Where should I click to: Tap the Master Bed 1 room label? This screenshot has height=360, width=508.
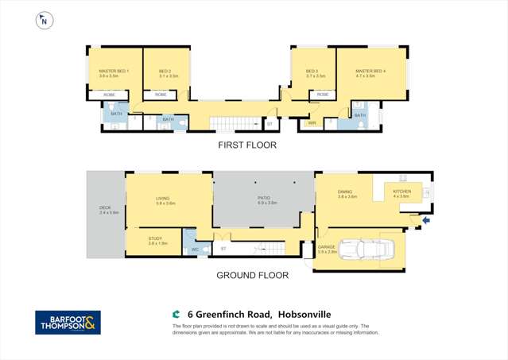click(x=114, y=72)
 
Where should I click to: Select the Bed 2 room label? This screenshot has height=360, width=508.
click(x=165, y=72)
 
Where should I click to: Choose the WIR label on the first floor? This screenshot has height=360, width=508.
click(x=312, y=123)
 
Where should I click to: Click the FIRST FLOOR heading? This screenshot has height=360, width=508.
click(x=247, y=145)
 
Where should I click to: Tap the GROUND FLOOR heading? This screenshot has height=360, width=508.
click(x=246, y=276)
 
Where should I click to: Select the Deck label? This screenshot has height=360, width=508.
click(x=104, y=210)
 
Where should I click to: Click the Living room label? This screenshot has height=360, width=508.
click(x=165, y=200)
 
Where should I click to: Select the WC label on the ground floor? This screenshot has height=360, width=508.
click(x=194, y=250)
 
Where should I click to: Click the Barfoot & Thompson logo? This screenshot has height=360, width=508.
click(x=68, y=322)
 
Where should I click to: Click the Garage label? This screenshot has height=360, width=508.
click(x=326, y=246)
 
